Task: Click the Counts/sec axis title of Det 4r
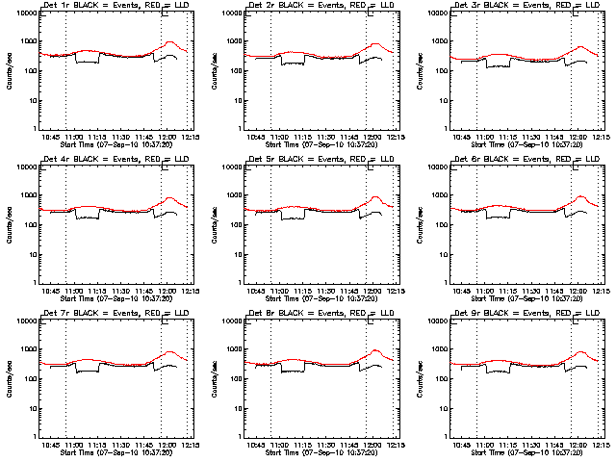tap(9, 224)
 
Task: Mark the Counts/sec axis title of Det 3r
tap(419, 70)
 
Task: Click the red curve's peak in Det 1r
tap(169, 42)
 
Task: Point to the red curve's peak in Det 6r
tap(580, 196)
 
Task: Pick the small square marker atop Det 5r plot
tap(371, 167)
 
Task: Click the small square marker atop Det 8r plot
tap(371, 321)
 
